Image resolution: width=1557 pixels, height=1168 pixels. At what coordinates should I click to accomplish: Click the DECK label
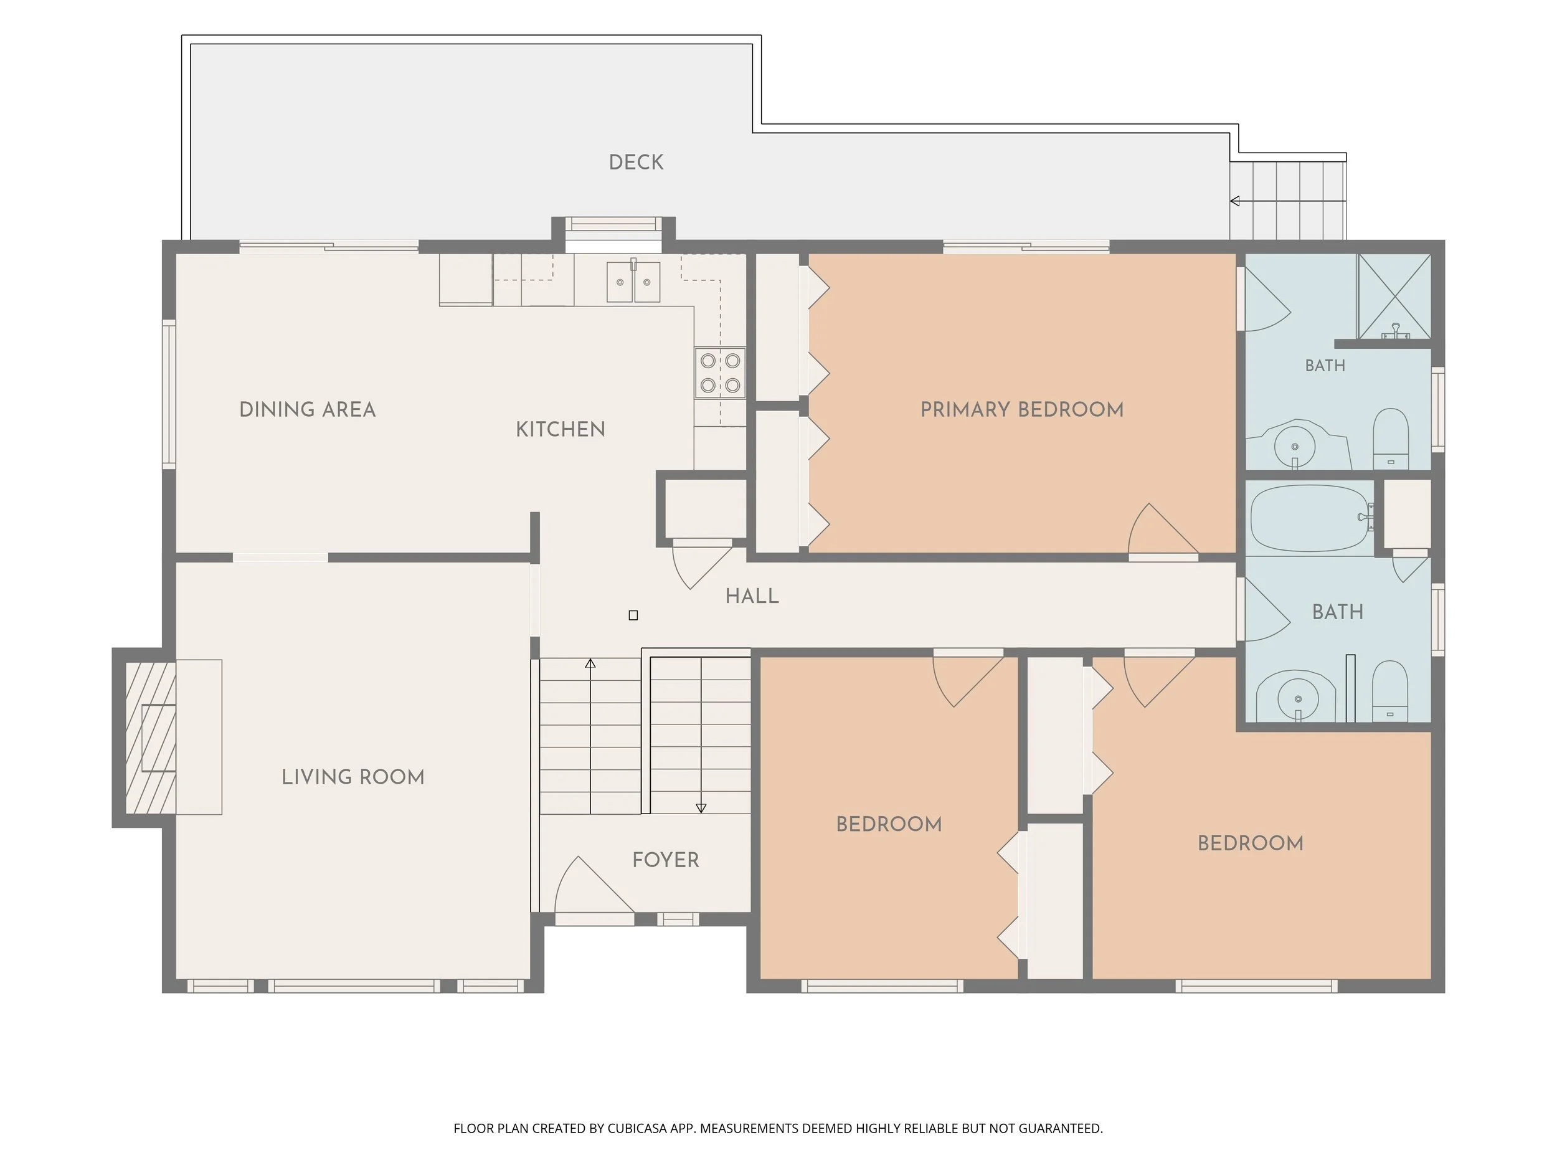(x=636, y=163)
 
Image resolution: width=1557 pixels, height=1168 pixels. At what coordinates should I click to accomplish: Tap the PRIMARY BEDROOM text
(x=1022, y=410)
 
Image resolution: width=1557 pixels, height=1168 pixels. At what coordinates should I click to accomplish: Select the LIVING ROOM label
(x=353, y=777)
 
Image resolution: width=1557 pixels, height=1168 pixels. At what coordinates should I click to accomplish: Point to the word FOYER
(x=665, y=860)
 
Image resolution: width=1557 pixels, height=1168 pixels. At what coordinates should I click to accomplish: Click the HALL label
(x=752, y=596)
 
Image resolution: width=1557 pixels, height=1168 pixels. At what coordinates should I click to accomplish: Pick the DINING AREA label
(x=308, y=410)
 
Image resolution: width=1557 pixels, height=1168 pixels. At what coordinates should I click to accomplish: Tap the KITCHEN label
(x=561, y=429)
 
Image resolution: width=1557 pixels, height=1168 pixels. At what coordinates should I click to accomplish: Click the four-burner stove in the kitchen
(x=720, y=373)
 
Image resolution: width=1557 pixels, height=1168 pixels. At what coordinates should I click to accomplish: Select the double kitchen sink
(x=633, y=281)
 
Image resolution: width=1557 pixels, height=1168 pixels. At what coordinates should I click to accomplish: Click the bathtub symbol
(x=1310, y=518)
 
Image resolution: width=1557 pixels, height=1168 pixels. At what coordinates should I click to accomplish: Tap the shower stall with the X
(x=1394, y=297)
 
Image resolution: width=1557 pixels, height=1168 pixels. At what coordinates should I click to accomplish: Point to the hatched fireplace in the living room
(x=151, y=737)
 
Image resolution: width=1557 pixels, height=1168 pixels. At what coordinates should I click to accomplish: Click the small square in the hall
(x=633, y=615)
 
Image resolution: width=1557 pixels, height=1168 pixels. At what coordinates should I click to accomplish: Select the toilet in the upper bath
(x=1391, y=439)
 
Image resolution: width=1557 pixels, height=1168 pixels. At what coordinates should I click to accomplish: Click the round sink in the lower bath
(x=1297, y=697)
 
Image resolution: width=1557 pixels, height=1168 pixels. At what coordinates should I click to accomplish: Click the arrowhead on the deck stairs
(x=1234, y=201)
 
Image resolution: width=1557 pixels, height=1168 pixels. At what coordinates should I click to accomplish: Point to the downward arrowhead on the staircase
(x=701, y=808)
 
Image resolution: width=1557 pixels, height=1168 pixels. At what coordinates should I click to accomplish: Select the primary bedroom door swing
(x=1162, y=529)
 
